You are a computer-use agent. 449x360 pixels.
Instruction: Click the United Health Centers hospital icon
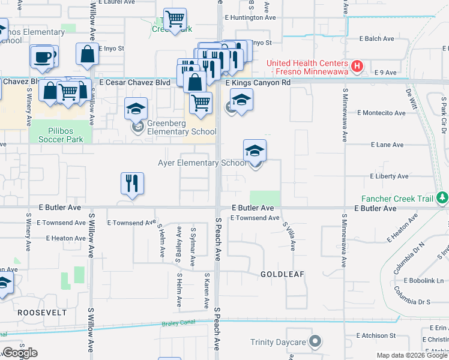[x=357, y=65]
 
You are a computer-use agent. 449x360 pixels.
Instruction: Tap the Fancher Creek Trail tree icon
[x=442, y=197]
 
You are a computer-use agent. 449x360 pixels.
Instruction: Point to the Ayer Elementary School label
[x=202, y=163]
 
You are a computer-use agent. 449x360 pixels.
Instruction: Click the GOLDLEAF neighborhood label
[x=282, y=274]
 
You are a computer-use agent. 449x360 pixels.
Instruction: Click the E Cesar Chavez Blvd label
[x=135, y=82]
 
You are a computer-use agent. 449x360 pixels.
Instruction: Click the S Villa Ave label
[x=288, y=235]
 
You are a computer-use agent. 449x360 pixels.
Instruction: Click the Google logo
[x=20, y=353]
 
